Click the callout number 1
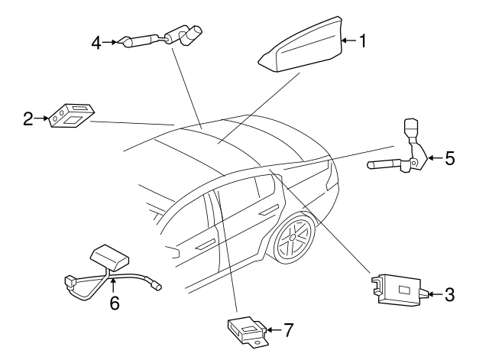click(x=362, y=41)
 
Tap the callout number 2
click(x=28, y=119)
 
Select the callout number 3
click(x=449, y=294)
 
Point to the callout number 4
click(x=96, y=43)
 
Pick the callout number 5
click(x=450, y=158)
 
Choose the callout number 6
click(x=115, y=303)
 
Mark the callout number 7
click(x=288, y=329)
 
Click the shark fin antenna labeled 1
click(x=301, y=44)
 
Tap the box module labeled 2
click(x=71, y=115)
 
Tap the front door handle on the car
click(x=206, y=245)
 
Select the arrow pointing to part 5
click(x=436, y=158)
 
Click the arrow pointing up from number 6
click(x=113, y=286)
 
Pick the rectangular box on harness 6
click(x=109, y=258)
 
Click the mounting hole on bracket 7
click(x=257, y=342)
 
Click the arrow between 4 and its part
click(x=109, y=42)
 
